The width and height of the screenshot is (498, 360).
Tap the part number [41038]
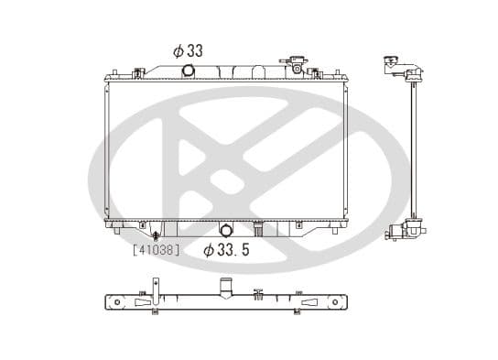click(156, 248)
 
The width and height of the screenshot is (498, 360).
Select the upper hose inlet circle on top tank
click(189, 71)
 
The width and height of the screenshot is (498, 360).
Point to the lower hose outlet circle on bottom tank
click(226, 230)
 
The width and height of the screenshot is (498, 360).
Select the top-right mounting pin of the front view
click(316, 70)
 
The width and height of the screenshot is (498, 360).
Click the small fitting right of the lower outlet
click(259, 227)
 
